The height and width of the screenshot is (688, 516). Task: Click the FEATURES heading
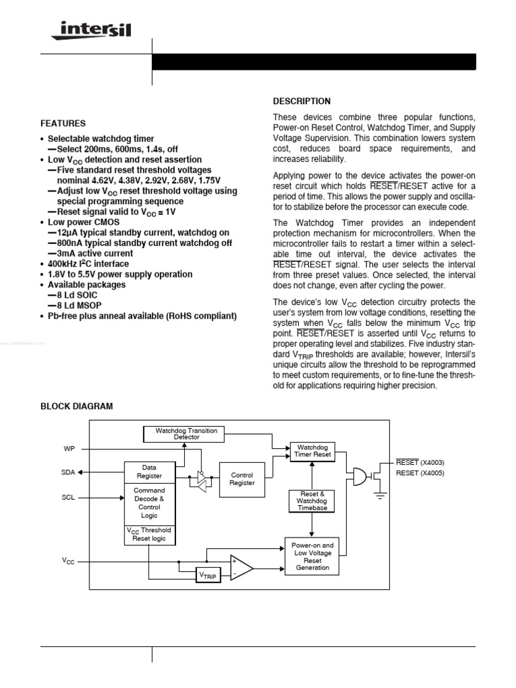click(x=62, y=124)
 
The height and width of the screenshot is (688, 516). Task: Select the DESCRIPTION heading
click(x=301, y=101)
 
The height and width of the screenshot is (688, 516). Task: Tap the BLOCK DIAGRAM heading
click(x=77, y=406)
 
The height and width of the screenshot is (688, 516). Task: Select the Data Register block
click(x=148, y=471)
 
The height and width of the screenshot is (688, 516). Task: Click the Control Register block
click(x=242, y=478)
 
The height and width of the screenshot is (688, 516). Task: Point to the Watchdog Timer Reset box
click(x=312, y=450)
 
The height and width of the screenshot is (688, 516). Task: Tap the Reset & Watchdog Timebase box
click(x=312, y=501)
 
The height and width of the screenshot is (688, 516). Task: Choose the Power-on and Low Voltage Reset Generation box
click(x=312, y=556)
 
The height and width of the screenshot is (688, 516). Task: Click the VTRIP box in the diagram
click(x=208, y=575)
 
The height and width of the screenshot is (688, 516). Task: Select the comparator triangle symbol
click(x=240, y=567)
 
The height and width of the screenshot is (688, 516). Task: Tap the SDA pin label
click(x=68, y=472)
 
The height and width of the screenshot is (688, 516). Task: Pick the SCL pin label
click(x=68, y=499)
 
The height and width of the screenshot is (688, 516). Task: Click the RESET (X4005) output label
click(x=420, y=473)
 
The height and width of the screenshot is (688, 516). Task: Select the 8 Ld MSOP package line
click(x=77, y=306)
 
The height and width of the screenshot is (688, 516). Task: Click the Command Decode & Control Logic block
click(x=148, y=503)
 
